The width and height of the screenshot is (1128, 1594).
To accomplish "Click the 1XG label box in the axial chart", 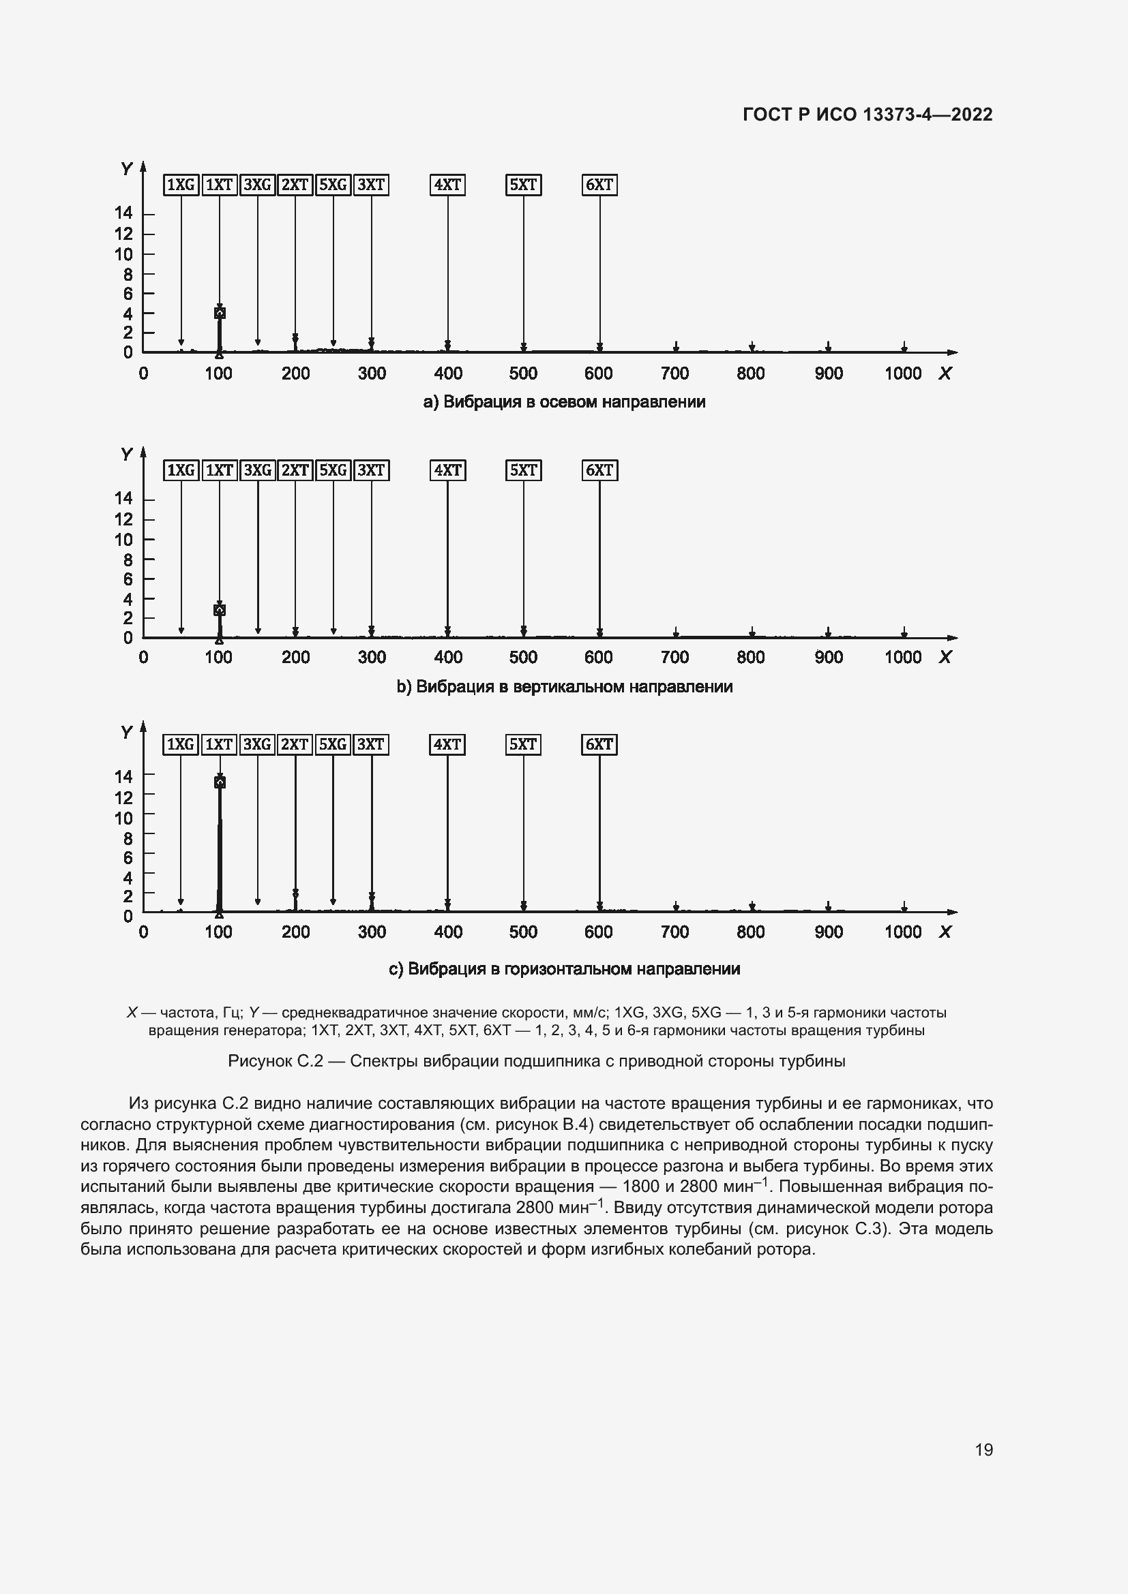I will click(x=181, y=185).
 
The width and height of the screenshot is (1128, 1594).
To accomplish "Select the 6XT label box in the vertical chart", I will click(x=599, y=470).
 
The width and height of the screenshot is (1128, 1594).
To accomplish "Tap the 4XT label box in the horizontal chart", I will click(x=447, y=744).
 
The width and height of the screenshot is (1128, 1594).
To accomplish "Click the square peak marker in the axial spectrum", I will click(x=220, y=313).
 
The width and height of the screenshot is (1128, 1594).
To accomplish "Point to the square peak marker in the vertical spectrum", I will click(x=220, y=609).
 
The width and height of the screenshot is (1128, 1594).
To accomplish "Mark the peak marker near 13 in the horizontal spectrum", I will click(x=220, y=782).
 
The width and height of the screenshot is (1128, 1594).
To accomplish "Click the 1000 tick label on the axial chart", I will click(x=902, y=373).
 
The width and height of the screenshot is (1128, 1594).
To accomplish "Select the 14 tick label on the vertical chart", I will click(x=123, y=497).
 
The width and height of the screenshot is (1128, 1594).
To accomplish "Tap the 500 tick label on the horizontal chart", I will click(x=523, y=932).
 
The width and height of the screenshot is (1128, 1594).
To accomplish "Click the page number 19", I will click(x=983, y=1450).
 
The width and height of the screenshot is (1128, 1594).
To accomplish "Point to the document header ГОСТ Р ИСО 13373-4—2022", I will click(x=867, y=114).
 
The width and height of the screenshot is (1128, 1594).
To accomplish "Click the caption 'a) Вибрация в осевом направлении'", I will click(x=564, y=402).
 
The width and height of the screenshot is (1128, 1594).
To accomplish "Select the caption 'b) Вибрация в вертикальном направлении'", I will click(x=564, y=687).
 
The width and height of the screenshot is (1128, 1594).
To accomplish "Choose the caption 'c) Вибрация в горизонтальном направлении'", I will click(x=564, y=968).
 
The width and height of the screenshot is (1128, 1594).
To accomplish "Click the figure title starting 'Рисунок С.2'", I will click(x=536, y=1061).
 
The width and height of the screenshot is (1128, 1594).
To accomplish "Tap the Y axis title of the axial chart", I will click(x=126, y=169).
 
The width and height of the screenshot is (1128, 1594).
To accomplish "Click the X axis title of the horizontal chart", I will click(x=945, y=932).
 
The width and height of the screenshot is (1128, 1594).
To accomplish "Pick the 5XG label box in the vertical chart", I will click(x=333, y=470).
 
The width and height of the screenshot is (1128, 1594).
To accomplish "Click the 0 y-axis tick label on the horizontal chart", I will click(x=128, y=917).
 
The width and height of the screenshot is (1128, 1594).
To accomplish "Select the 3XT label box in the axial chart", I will click(x=371, y=185).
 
